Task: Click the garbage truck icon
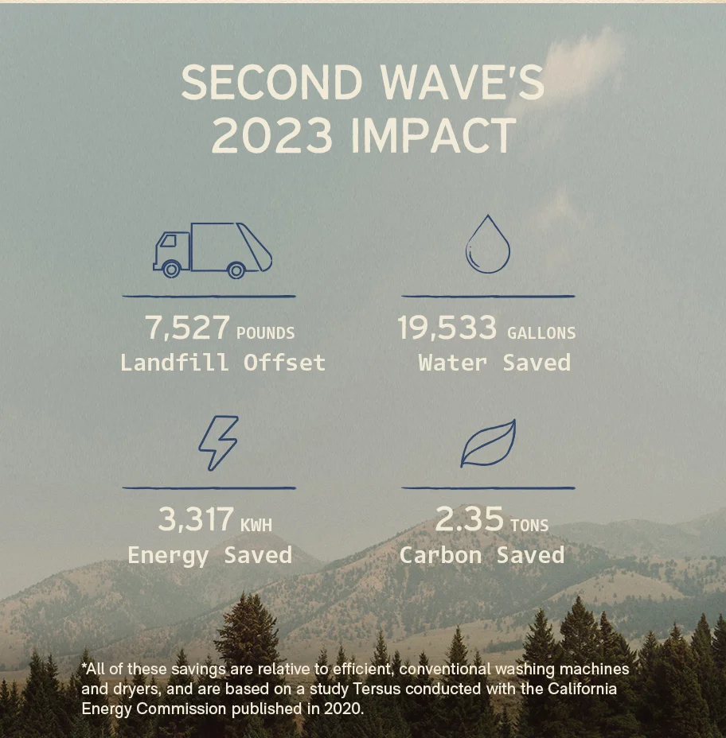click(x=213, y=250)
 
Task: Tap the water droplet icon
click(x=487, y=245)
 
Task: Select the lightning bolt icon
click(x=218, y=442)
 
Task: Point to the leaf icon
click(x=488, y=443)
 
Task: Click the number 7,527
click(x=187, y=328)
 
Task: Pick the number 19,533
click(x=447, y=328)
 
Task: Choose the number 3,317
click(x=195, y=520)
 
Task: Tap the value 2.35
click(x=469, y=519)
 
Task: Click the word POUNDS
click(x=265, y=333)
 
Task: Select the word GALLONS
click(x=541, y=333)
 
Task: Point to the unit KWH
click(x=256, y=525)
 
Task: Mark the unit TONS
click(x=529, y=525)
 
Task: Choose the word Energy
click(x=169, y=554)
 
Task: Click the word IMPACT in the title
click(x=433, y=136)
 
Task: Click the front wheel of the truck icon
click(x=171, y=270)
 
